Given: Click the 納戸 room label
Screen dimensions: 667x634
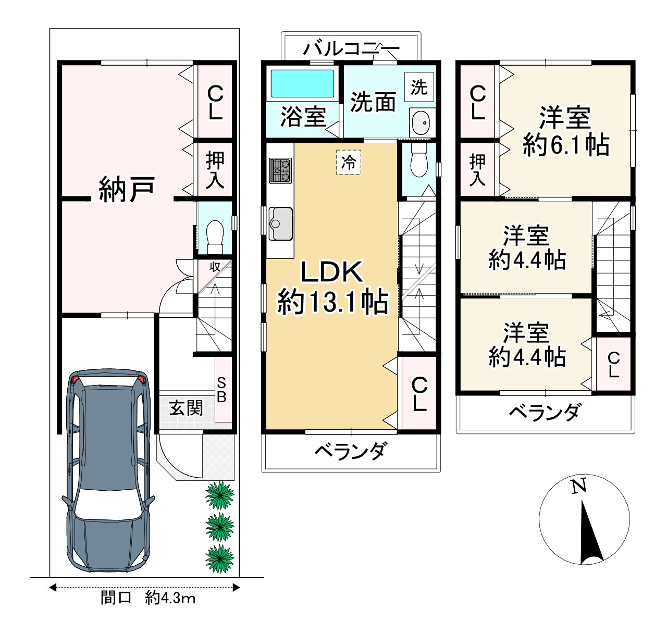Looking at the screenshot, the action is [127, 189].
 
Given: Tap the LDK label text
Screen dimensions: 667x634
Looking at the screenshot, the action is [332, 272].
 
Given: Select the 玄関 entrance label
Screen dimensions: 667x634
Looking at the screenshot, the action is [186, 408].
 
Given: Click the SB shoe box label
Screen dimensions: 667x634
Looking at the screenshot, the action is [221, 390].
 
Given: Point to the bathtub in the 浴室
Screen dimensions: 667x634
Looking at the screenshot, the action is [302, 83].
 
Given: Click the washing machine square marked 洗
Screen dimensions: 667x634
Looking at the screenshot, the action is [419, 87].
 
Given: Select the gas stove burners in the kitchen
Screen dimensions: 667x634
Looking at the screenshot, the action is [280, 171].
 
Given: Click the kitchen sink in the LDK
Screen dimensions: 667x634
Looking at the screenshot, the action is [280, 223].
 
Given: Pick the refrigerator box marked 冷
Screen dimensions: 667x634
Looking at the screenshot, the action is [349, 162].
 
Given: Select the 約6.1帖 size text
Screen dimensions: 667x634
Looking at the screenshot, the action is [566, 145].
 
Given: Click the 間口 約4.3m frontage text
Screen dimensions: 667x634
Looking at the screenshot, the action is [148, 607].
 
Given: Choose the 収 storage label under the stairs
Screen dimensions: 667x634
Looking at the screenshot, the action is [215, 267].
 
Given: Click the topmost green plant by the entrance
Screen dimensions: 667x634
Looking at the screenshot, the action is [219, 495].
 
